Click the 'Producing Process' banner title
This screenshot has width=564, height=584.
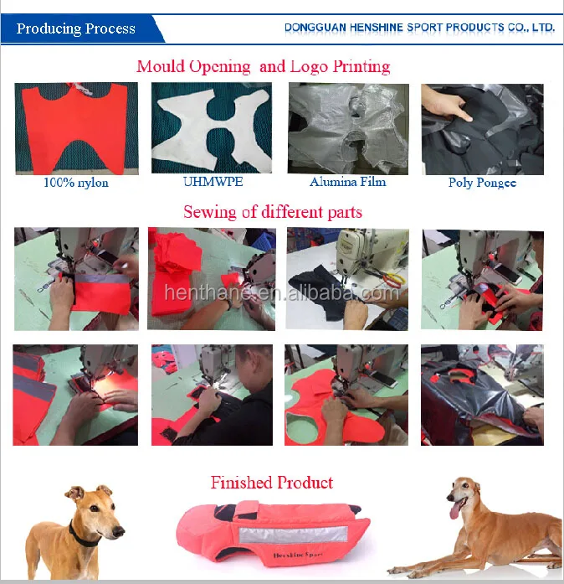point(76,28)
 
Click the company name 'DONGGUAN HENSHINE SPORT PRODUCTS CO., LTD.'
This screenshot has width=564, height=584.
point(419,27)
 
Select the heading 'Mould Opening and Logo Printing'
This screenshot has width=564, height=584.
point(264,66)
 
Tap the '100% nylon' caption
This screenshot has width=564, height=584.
point(76,182)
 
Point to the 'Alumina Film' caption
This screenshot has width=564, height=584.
point(348,182)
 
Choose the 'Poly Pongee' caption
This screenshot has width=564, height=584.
point(482,182)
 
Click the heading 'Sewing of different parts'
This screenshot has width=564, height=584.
point(273,211)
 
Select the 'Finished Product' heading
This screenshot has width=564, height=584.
point(271,483)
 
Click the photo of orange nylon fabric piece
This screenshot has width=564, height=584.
point(76,128)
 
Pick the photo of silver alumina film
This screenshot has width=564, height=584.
point(348,128)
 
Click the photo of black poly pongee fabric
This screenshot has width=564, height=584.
point(482,128)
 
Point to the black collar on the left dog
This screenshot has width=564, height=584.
point(84,534)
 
